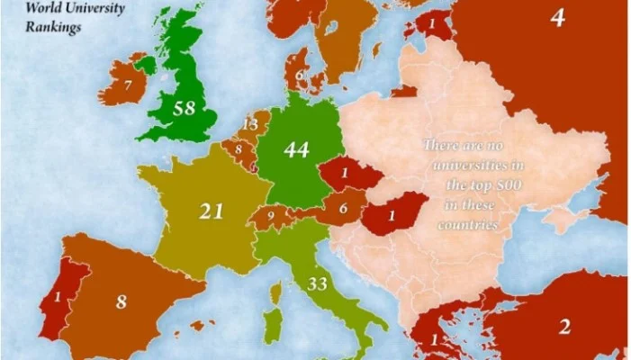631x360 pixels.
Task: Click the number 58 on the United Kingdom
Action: (x=185, y=110)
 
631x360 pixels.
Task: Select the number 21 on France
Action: (x=210, y=211)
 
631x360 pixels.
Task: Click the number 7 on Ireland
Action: (x=129, y=85)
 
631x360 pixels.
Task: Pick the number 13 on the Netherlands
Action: (x=250, y=123)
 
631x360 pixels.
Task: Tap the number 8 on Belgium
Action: (x=238, y=148)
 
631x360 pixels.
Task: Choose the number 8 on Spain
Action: (x=121, y=301)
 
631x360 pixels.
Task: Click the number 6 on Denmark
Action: (x=299, y=75)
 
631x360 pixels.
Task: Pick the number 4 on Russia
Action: (x=558, y=17)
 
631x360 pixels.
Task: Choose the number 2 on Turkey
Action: (x=564, y=327)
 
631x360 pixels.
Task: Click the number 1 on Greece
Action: (x=435, y=339)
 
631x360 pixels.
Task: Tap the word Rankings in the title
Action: (x=54, y=27)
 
